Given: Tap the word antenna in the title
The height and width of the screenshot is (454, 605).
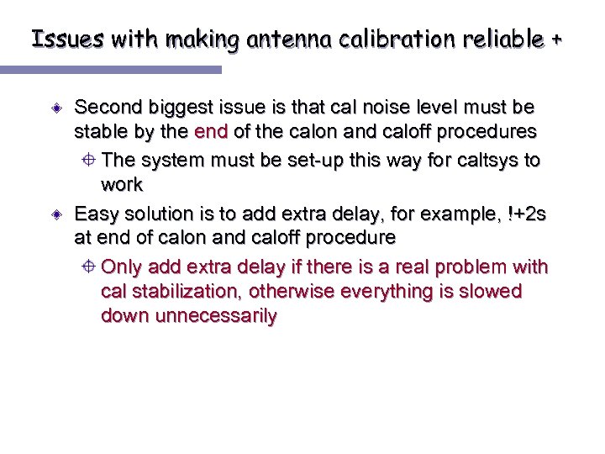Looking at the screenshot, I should (x=277, y=39).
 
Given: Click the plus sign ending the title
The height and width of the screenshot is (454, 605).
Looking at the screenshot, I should (x=556, y=39).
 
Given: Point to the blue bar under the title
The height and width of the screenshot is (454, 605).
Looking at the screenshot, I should (x=121, y=70).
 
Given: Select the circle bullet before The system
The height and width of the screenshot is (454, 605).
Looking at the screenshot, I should (x=90, y=161).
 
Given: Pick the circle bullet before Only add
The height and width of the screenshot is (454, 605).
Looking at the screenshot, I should (x=90, y=267).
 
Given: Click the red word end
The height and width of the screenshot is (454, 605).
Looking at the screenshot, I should (x=210, y=132).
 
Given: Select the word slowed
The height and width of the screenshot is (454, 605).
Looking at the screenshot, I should (x=492, y=292).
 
